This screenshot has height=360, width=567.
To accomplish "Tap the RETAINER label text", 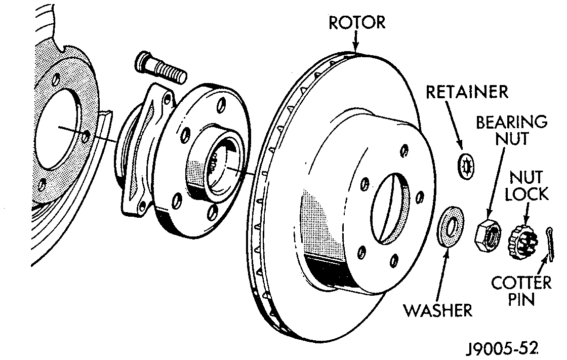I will click(x=466, y=93).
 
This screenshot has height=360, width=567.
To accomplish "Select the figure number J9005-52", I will click(x=502, y=349).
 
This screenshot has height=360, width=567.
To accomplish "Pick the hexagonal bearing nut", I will click(x=488, y=234).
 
